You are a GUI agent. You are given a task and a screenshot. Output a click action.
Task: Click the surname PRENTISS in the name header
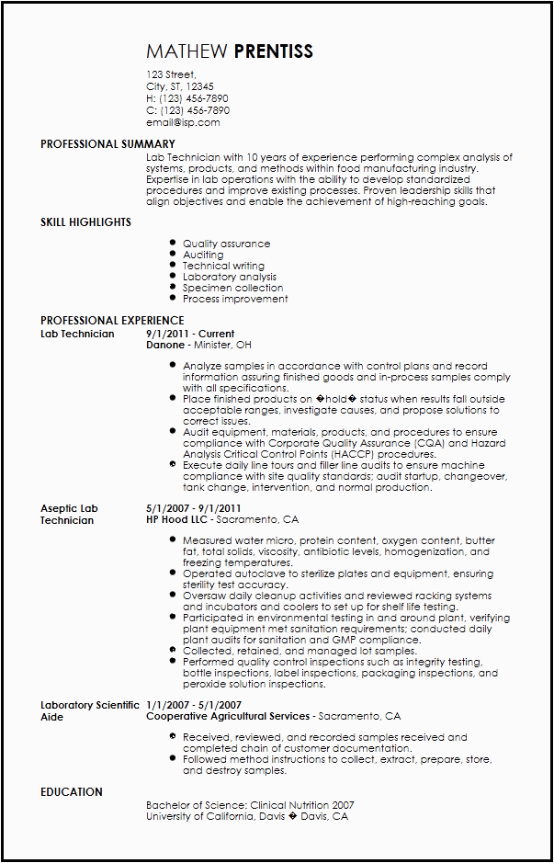pos(274,51)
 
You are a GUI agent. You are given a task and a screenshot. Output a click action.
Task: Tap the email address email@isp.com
pos(183,122)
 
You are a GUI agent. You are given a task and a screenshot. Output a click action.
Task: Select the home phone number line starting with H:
pos(187,98)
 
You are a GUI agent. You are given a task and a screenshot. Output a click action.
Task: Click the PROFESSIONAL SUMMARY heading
pos(107,144)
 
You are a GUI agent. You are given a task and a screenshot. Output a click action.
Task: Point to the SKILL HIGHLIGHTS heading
pos(85,222)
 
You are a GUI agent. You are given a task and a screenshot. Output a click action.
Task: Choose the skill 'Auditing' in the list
pos(203,255)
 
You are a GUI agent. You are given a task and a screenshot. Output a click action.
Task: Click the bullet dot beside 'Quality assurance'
pos(173,244)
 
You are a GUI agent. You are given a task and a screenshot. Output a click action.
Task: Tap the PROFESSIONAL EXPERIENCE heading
pos(112,321)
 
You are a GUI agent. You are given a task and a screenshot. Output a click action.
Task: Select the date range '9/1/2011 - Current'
pos(190,334)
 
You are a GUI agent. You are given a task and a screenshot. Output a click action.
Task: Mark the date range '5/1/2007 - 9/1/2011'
pos(194,508)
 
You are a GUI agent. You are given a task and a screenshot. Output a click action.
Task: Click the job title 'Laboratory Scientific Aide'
pos(89,710)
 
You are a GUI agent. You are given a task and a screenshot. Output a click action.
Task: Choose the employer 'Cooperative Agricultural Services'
pos(229,716)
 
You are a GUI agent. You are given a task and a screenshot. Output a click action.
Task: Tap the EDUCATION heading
pos(72,792)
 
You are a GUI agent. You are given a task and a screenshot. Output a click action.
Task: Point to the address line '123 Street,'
pos(172,74)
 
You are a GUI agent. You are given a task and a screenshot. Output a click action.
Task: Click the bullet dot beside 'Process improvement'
pos(173,299)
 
